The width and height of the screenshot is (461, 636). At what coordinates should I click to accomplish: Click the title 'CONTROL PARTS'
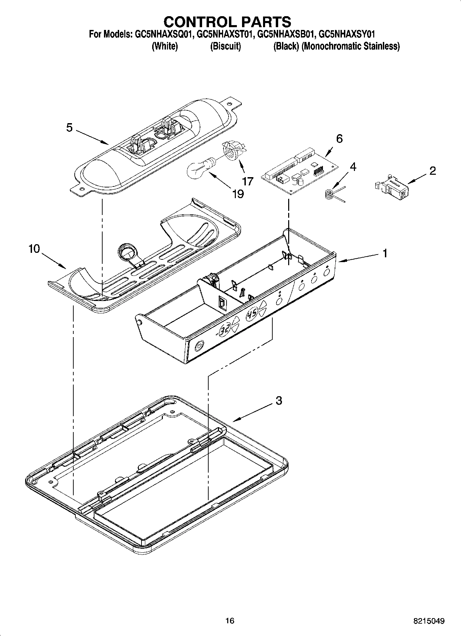tap(227, 22)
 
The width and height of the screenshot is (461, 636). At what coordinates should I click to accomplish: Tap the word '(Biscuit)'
tap(225, 46)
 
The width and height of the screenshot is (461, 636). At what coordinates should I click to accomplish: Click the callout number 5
tap(70, 128)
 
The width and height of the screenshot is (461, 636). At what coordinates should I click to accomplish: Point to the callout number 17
tap(248, 181)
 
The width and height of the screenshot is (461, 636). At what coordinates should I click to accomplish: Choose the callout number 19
tap(238, 194)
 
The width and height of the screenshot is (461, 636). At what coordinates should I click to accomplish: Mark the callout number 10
tap(34, 249)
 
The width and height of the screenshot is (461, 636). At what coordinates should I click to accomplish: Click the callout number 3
tap(279, 400)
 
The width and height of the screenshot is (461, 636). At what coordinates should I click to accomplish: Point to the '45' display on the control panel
tap(253, 314)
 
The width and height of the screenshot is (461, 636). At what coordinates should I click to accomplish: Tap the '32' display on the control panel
tap(225, 331)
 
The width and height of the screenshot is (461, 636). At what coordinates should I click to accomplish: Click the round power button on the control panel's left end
tap(199, 345)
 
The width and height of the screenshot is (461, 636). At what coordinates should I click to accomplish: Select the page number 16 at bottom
tap(230, 621)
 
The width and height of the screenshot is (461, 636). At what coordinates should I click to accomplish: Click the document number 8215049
tap(429, 621)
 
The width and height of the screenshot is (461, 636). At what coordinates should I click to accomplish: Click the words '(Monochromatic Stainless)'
tap(350, 46)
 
